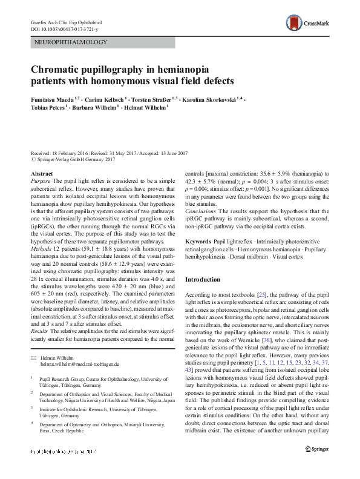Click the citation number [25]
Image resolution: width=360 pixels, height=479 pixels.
coord(261,292)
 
